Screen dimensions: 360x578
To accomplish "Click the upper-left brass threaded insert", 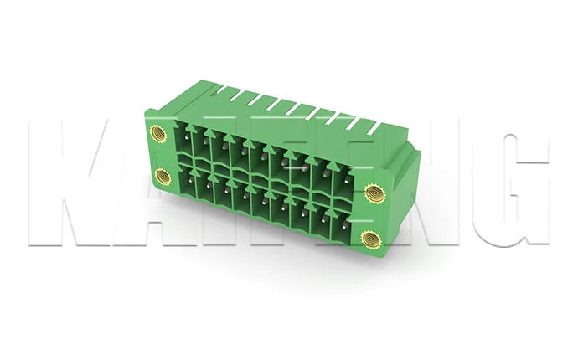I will (x=157, y=132).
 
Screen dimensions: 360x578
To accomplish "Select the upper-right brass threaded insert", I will (x=374, y=193).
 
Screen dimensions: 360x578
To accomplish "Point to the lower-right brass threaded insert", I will (x=370, y=240).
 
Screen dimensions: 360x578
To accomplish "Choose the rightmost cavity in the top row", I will (x=343, y=180).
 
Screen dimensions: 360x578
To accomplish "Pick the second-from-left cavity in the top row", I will (x=206, y=148).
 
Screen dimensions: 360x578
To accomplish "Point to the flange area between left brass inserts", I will (x=159, y=155).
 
